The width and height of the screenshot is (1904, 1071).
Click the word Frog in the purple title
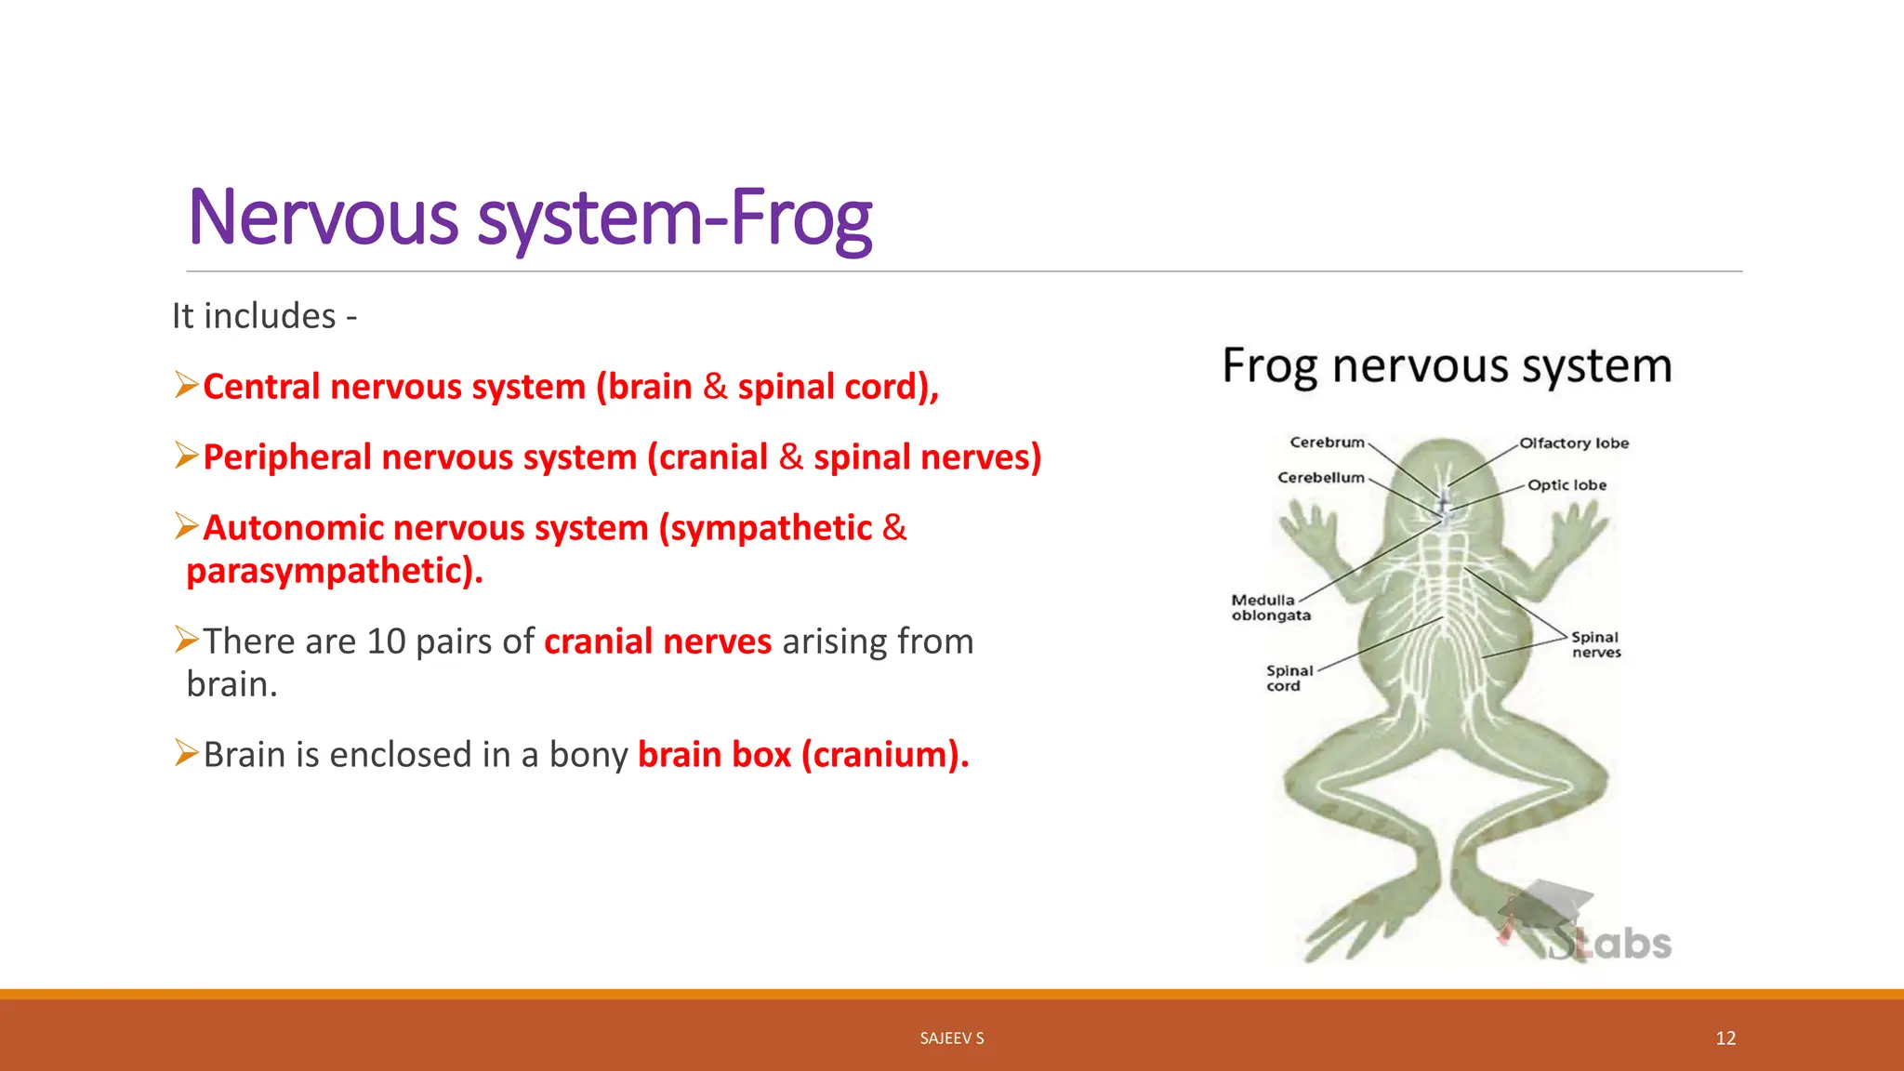[x=801, y=218]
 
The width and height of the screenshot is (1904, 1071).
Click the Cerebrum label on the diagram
[x=1327, y=443]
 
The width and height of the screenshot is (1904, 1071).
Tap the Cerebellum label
[x=1320, y=478]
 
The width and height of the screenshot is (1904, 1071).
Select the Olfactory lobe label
[x=1574, y=443]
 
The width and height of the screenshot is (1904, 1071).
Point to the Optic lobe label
[x=1567, y=485]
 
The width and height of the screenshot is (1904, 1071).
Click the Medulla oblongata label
[x=1270, y=608]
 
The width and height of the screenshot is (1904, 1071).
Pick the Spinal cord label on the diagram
[x=1289, y=678]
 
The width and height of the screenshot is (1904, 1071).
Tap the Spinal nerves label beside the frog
[x=1595, y=644]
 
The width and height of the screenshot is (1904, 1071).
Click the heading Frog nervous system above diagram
[x=1447, y=365]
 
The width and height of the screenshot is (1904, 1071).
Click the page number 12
[x=1725, y=1038]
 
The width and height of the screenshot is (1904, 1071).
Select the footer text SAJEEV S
[x=951, y=1038]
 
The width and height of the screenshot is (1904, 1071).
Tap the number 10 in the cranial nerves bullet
[x=386, y=641]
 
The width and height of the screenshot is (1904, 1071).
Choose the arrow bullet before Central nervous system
[x=187, y=384]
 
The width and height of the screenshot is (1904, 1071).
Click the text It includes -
[x=264, y=316]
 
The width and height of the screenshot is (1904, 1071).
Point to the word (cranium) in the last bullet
[x=884, y=755]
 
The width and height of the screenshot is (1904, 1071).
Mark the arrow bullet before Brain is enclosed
[x=187, y=752]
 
